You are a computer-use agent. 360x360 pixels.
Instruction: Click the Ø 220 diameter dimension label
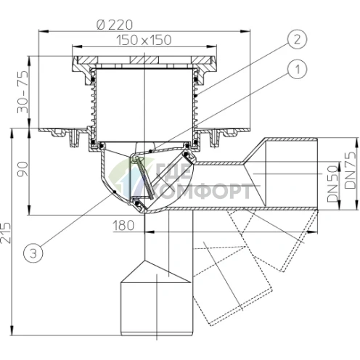tap(115, 25)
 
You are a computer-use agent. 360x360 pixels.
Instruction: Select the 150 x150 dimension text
tap(144, 40)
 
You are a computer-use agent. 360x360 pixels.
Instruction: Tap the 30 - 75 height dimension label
tap(23, 92)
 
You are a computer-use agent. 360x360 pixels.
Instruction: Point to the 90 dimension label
tap(22, 169)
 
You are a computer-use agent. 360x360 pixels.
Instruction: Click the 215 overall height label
tap(6, 233)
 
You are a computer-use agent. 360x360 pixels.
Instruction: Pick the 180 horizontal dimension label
tap(123, 226)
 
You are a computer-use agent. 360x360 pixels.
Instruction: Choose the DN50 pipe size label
tap(332, 184)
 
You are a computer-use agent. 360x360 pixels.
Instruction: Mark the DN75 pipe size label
tap(351, 170)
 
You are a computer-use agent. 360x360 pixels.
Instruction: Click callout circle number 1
tap(298, 69)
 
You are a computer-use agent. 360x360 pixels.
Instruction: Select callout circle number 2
tap(298, 39)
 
